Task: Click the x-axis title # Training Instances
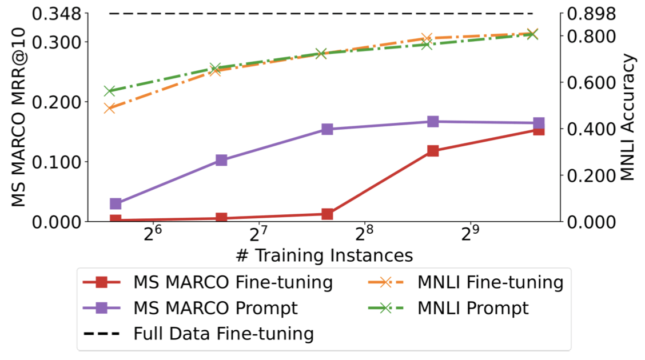pyautogui.click(x=324, y=254)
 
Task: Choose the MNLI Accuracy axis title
pyautogui.click(x=628, y=117)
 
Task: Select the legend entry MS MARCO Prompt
pyautogui.click(x=216, y=308)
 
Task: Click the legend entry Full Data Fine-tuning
pyautogui.click(x=223, y=333)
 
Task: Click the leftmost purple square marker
pyautogui.click(x=116, y=203)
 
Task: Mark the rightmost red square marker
pyautogui.click(x=539, y=130)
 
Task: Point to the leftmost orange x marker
pyautogui.click(x=110, y=108)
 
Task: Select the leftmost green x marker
pyautogui.click(x=110, y=91)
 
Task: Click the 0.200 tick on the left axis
pyautogui.click(x=57, y=102)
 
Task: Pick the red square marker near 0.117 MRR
pyautogui.click(x=433, y=151)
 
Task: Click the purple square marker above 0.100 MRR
pyautogui.click(x=221, y=160)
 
